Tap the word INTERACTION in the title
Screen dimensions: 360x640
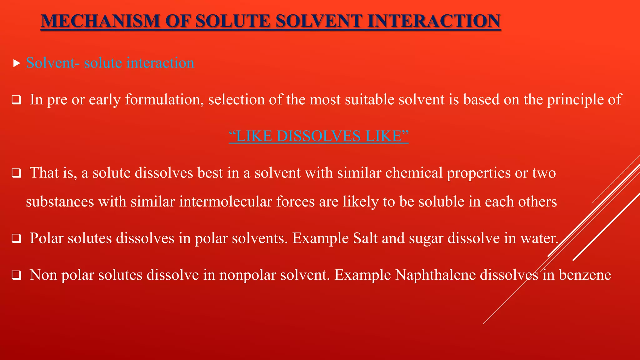434,21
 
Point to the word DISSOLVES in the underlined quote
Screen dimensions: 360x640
318,136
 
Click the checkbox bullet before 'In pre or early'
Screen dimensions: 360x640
16,100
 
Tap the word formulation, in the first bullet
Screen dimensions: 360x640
164,100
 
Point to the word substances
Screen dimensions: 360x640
60,202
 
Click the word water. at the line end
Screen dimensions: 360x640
539,238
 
